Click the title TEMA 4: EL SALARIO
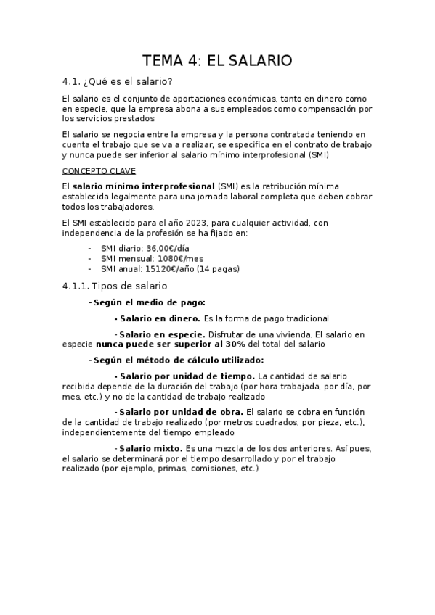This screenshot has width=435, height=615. coord(216,61)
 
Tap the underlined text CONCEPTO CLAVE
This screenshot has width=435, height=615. coord(94,173)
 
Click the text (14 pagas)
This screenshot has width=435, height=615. coord(220,268)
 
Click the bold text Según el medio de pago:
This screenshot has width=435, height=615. coord(150,302)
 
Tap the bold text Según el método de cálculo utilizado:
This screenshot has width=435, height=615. coord(179,360)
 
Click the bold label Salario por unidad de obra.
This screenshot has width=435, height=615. coord(181,412)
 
